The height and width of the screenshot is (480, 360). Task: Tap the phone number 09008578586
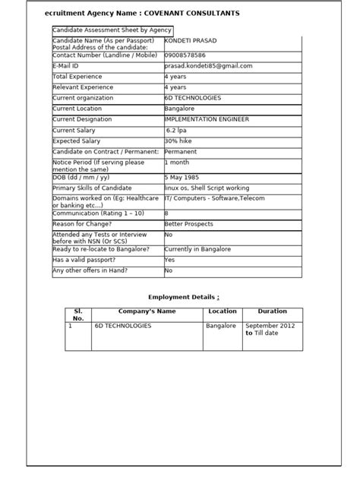click(185, 55)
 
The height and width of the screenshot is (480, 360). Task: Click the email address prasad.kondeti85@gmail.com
click(208, 66)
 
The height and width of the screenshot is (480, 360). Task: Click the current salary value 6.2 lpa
click(180, 131)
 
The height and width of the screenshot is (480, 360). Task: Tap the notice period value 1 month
click(177, 163)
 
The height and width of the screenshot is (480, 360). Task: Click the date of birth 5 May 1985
click(183, 177)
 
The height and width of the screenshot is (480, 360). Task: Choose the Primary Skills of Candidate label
click(97, 188)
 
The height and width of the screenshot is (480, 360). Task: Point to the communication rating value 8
click(166, 213)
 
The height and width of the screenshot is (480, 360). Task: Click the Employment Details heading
click(182, 297)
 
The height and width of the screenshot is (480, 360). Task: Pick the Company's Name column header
click(147, 311)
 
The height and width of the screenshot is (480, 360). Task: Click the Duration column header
click(272, 311)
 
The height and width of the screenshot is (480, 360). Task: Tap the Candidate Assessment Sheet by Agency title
click(112, 30)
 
